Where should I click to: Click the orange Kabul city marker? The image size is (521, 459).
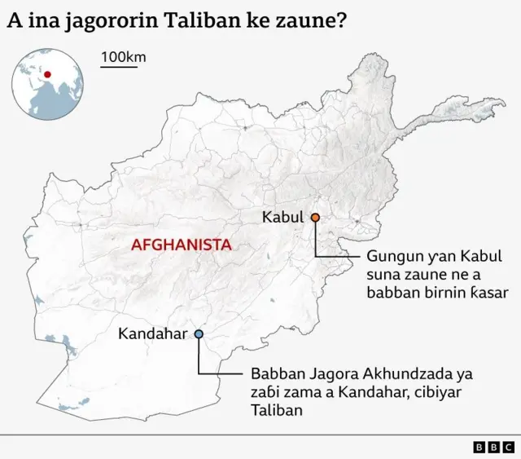[x=314, y=218]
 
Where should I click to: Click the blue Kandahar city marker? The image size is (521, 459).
[x=199, y=333]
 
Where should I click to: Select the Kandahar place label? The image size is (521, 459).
[x=153, y=333]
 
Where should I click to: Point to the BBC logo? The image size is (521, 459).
[x=493, y=447]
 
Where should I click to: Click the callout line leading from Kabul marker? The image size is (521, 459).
[x=315, y=245]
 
